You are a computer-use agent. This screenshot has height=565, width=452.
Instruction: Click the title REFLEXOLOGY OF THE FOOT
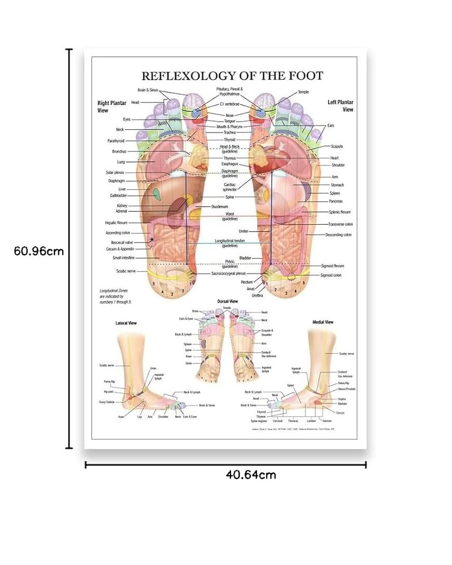(232, 75)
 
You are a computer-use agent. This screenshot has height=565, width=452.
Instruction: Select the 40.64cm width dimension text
(251, 475)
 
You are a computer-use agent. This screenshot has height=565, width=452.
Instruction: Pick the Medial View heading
(323, 322)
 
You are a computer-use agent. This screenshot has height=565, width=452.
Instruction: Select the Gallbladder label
(120, 195)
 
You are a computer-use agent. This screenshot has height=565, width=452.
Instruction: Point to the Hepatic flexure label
(116, 223)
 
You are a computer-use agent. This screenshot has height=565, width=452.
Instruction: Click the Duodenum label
(220, 207)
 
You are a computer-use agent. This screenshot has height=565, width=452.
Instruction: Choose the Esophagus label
(229, 164)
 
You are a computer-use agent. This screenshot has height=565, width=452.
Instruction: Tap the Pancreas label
(336, 201)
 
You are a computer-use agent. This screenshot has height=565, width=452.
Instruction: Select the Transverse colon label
(341, 224)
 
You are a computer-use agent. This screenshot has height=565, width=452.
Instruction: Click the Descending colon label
(338, 234)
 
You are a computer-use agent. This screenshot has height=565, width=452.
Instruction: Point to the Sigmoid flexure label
(332, 266)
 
